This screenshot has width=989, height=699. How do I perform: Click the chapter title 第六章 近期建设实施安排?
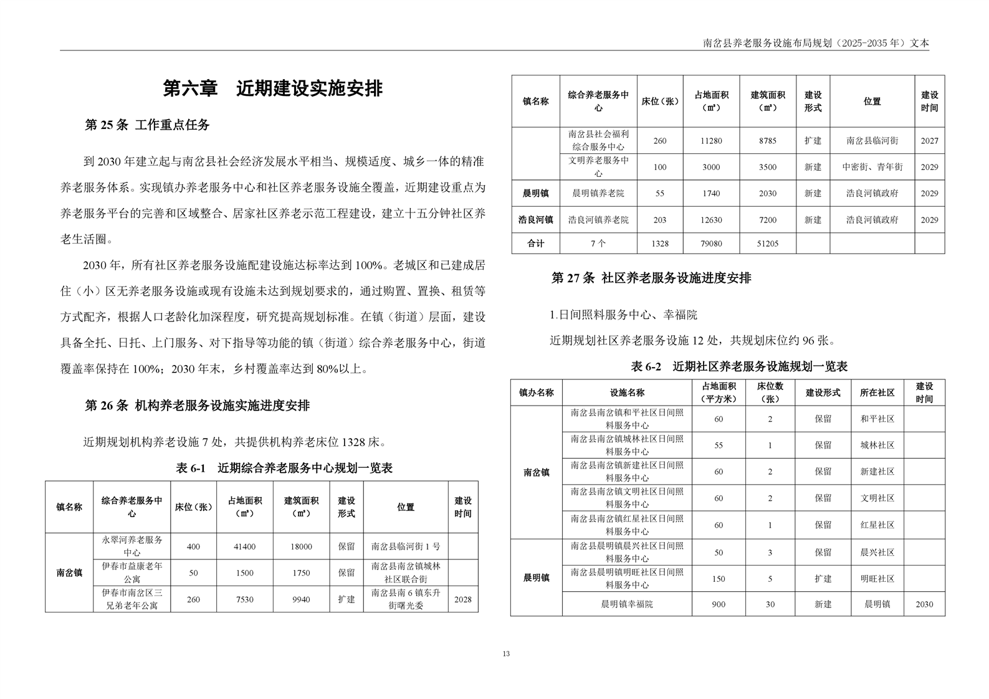coord(272,88)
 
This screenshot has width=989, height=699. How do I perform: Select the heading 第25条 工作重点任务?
coord(147,125)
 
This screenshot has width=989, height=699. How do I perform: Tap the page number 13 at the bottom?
coord(505,654)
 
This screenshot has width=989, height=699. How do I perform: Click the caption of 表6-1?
coord(284,468)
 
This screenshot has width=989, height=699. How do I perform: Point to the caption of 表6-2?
coord(739,366)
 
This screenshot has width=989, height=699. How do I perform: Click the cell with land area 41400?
coord(244,546)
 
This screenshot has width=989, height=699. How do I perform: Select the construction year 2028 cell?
coord(462,599)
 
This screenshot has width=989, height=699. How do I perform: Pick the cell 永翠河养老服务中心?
coord(131,546)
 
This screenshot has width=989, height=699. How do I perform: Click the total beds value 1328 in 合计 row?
coord(659,244)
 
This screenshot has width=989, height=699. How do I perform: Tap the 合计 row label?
coord(535,244)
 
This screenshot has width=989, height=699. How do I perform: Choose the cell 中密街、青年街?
coord(872,167)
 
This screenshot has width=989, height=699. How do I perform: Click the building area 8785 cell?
coord(767,141)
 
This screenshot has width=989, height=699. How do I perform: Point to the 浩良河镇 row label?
coord(535,220)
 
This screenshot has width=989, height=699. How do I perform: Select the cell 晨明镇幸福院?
coord(626,604)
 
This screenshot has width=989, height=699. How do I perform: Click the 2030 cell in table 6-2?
coord(924,604)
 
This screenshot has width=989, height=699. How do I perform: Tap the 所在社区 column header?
coord(877,393)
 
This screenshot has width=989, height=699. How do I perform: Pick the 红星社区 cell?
coord(877,525)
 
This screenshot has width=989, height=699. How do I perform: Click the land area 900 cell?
coord(718,604)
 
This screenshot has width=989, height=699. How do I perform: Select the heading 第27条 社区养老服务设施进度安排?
coord(651,278)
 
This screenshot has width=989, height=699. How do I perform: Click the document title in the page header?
coord(815,43)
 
